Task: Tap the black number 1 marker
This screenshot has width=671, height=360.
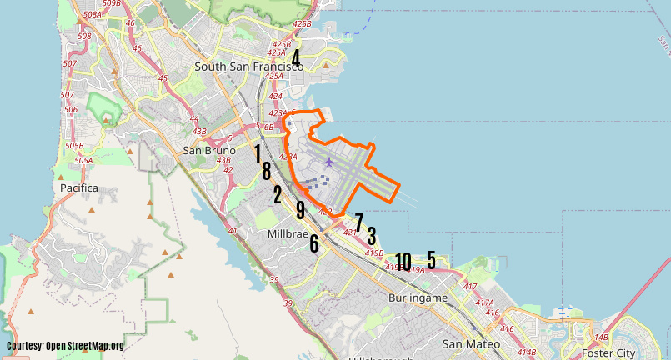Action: [x=258, y=152]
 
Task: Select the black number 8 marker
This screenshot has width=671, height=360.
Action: [x=266, y=171]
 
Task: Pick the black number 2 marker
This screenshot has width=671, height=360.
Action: [x=278, y=195]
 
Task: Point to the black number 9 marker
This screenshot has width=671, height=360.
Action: [x=300, y=210]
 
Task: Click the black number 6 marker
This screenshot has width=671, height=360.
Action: [x=314, y=243]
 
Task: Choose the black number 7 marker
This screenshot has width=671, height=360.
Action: [x=359, y=222]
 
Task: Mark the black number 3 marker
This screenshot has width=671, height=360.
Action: [x=372, y=236]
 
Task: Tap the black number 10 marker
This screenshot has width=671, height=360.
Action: [x=403, y=262]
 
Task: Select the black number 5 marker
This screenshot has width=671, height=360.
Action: [x=432, y=259]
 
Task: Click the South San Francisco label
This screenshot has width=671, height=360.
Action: [x=248, y=66]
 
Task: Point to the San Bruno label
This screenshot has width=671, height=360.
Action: [x=206, y=151]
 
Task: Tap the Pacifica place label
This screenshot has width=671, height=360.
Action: [x=79, y=188]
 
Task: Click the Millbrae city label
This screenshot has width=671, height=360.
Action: [x=288, y=234]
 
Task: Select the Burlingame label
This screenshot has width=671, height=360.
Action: [x=418, y=297]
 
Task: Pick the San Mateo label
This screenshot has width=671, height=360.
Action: [x=471, y=343]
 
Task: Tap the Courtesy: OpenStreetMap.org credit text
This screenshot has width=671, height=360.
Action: [x=65, y=346]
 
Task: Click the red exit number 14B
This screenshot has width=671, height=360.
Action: [x=602, y=337]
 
